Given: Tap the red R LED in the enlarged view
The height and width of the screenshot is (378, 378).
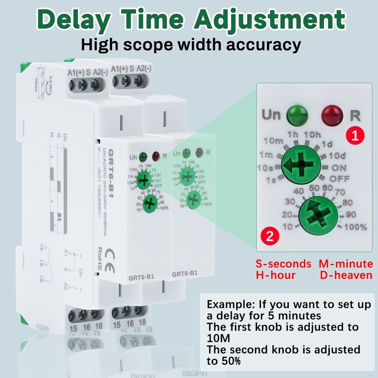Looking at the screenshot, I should pos(333,115).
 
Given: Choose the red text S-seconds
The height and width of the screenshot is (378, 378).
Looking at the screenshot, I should pos(283,264).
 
